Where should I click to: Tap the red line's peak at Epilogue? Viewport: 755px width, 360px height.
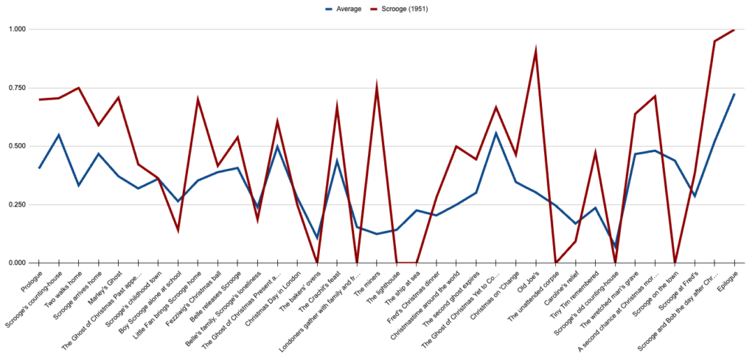pos(734,30)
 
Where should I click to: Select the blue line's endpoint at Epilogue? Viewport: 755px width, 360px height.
pos(734,94)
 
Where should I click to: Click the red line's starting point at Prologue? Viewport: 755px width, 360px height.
pos(40,100)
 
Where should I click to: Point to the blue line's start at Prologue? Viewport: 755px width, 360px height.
pos(40,168)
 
